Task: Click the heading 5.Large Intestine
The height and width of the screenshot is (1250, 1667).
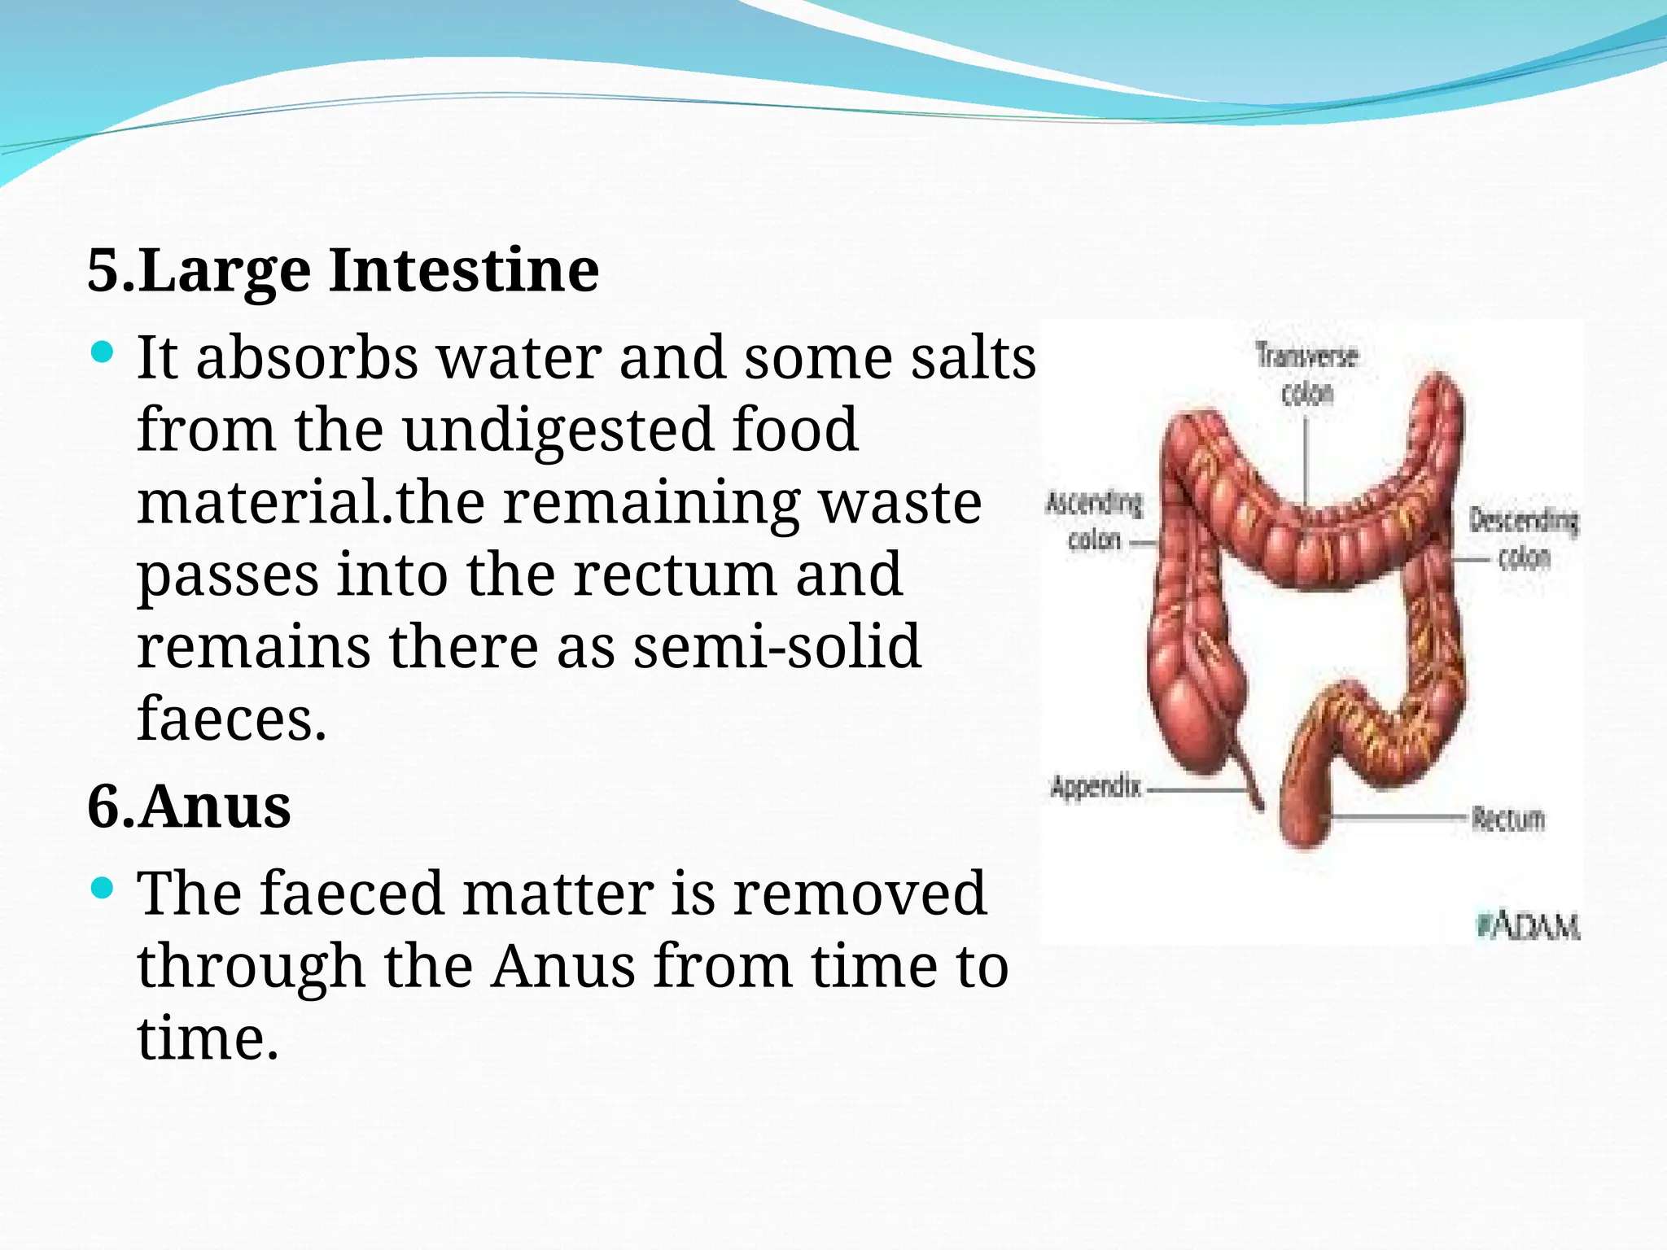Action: [x=343, y=270]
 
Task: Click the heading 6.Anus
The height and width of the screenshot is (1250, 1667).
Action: [x=189, y=806]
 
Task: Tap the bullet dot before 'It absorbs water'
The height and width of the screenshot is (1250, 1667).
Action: [x=102, y=352]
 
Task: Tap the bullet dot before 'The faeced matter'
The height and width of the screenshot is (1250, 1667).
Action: [x=102, y=888]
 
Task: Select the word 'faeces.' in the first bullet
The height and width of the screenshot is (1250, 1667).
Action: [x=232, y=719]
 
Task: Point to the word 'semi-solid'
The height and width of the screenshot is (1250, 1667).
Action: [x=777, y=646]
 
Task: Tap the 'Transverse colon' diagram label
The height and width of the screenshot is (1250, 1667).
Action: [x=1306, y=374]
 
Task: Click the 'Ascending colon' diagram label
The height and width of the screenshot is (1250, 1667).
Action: [x=1094, y=521]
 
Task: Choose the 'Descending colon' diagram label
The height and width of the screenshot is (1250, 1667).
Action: [x=1523, y=538]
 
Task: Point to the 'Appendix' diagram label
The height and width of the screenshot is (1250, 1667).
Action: [x=1096, y=787]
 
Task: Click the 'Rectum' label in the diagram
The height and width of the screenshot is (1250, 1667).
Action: [x=1507, y=819]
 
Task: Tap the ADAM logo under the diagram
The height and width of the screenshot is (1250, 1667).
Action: [x=1528, y=926]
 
